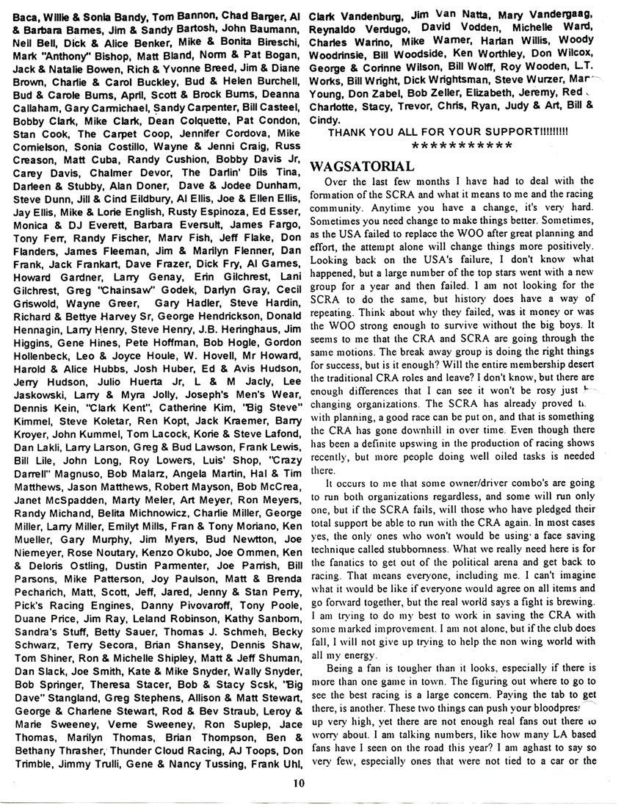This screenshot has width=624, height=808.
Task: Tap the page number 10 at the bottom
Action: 297,783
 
